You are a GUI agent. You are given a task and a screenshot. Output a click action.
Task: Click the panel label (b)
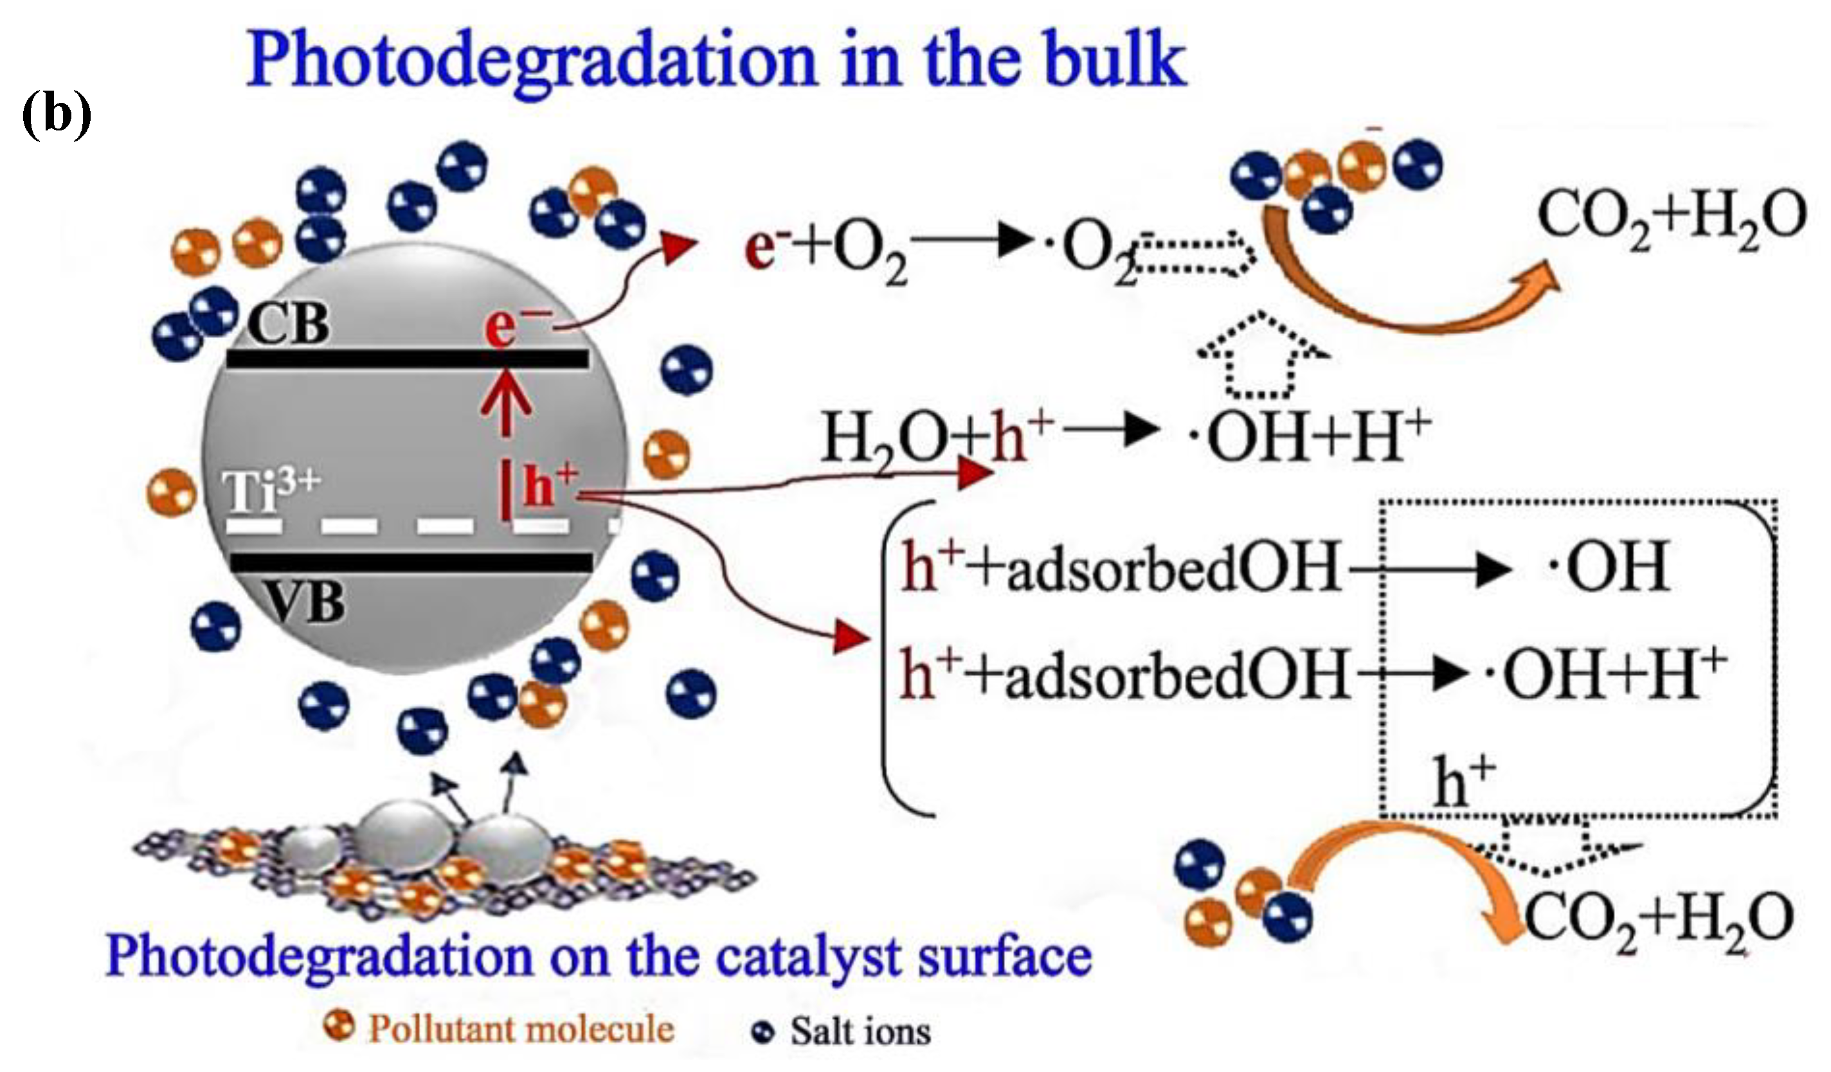(56, 115)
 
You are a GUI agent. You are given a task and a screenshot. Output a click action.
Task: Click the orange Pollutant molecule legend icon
(339, 1026)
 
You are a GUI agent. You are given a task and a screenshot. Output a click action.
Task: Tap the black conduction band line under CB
(407, 359)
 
